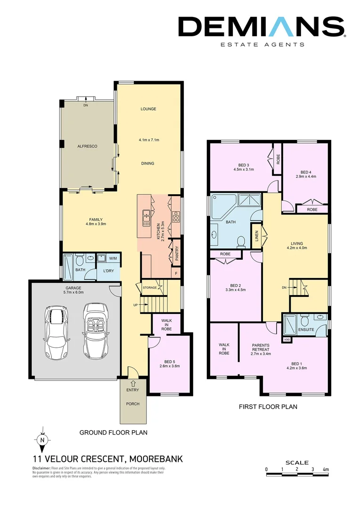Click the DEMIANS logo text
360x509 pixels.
coord(262,26)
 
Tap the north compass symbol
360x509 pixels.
coord(42,439)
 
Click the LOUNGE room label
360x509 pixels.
coord(148,109)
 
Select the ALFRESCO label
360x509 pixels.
coord(87,147)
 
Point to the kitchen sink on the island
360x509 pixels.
coord(146,216)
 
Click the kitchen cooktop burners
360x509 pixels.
coord(176,216)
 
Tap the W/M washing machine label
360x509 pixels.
coord(113,258)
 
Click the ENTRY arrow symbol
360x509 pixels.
coord(133,383)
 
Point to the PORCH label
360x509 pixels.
coord(133,404)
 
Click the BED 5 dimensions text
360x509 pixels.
coord(170,366)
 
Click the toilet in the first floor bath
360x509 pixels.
coord(241,241)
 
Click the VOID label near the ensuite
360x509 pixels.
coord(286,339)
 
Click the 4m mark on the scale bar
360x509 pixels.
coord(326,470)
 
